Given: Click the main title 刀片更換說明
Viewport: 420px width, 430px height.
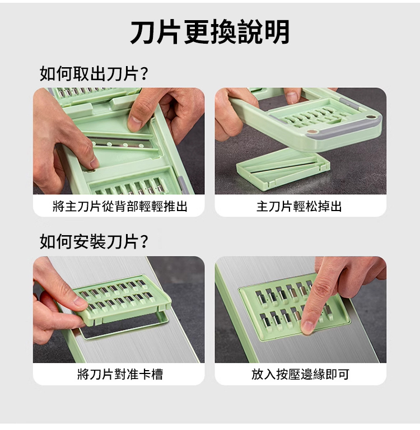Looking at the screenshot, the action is pos(210,32).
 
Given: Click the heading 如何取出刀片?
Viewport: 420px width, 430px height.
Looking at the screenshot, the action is pos(94,73).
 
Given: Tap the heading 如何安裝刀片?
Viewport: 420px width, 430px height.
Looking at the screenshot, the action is pos(94,241).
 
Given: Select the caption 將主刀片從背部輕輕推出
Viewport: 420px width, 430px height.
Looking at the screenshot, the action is pos(120,206).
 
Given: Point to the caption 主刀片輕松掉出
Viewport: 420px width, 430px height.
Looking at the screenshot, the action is pos(299,206).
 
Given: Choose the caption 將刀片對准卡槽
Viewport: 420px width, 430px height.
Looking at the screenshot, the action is pos(120,374).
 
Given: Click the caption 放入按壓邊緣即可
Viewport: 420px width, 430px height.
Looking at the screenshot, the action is pos(300,374).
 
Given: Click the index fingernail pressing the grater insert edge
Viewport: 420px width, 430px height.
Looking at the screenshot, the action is pos(307,327).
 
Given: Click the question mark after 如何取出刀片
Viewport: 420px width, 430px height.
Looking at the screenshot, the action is pos(144,73).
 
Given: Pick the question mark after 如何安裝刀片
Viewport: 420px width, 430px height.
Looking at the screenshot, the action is pos(144,241).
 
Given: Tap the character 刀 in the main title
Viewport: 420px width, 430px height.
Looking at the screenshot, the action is pos(143,32).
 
